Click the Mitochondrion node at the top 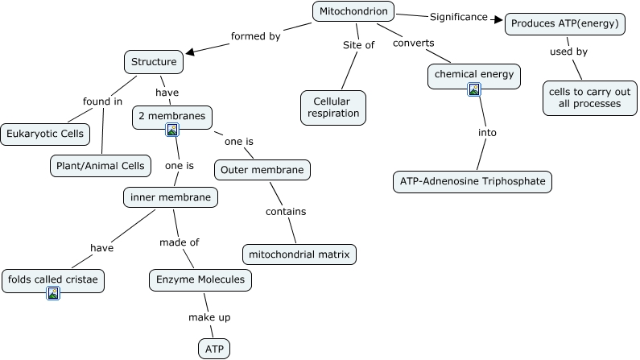(x=353, y=11)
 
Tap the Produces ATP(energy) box (x=565, y=24)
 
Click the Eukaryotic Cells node (x=44, y=134)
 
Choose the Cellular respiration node (x=333, y=108)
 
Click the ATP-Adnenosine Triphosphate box (x=473, y=181)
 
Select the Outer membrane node (x=262, y=170)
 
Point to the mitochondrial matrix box (x=299, y=254)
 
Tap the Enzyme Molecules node (x=200, y=279)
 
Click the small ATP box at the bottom (x=213, y=348)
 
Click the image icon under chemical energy (x=474, y=89)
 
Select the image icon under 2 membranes (x=171, y=130)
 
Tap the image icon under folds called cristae (x=53, y=293)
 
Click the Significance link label (x=458, y=16)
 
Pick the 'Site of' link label (x=358, y=45)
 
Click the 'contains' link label (x=286, y=212)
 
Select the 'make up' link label (x=209, y=317)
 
